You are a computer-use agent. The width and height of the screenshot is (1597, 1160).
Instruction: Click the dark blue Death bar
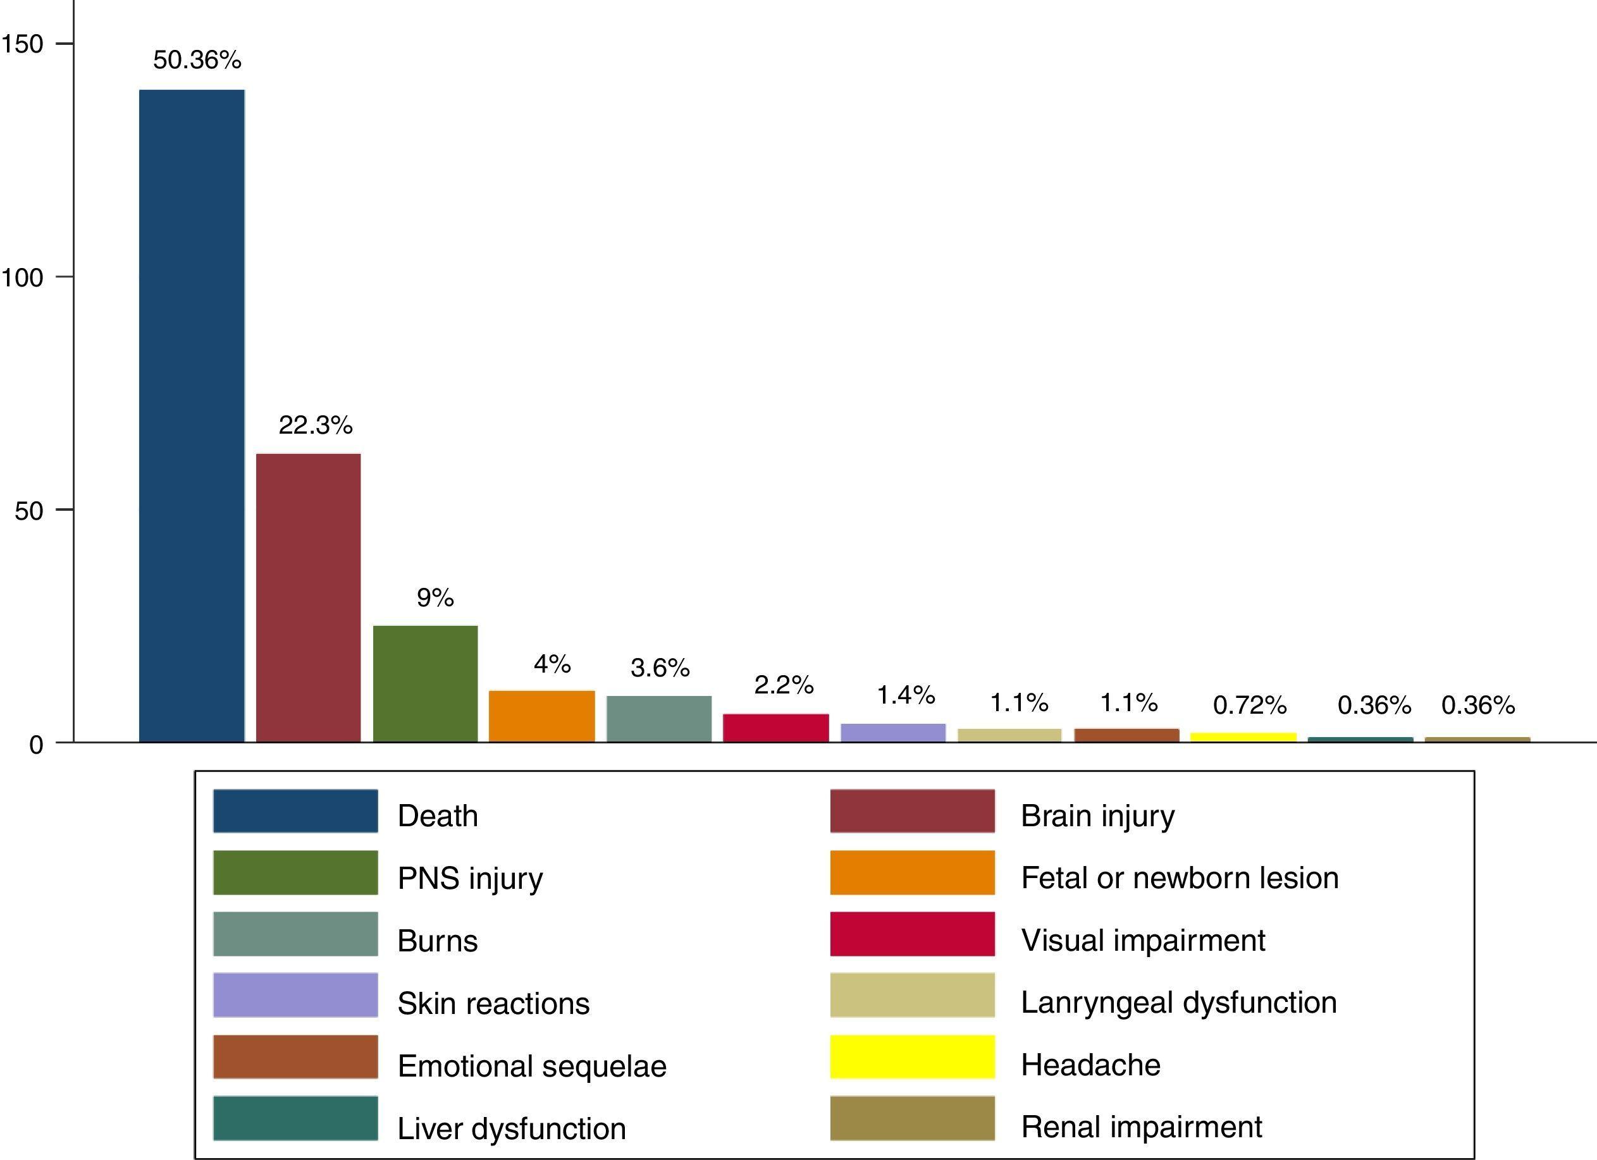coord(192,415)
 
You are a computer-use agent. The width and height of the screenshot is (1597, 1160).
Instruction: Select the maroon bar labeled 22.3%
coord(309,597)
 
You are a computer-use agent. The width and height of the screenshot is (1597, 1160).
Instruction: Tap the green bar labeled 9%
coord(425,683)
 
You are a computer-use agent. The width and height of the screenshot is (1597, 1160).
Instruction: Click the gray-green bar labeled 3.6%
coord(659,719)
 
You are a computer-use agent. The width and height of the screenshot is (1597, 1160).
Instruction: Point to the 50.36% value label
coord(197,60)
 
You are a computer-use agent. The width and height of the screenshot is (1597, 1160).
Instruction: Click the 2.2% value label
coord(784,685)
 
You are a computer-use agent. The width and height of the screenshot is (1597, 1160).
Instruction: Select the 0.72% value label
coord(1250,705)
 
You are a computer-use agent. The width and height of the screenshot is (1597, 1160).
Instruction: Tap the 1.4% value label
coord(906,695)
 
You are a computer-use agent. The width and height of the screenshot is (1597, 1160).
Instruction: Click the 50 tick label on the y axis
coord(29,511)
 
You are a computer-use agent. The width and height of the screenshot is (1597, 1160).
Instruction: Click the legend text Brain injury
coord(1098,816)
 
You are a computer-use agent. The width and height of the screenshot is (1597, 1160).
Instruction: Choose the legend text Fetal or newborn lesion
coord(1180,877)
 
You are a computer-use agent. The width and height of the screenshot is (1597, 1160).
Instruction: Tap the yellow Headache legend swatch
coord(912,1056)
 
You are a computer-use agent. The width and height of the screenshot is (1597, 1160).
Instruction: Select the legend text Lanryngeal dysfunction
coord(1179,1003)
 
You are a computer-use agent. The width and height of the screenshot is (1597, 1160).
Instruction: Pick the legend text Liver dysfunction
coord(511,1128)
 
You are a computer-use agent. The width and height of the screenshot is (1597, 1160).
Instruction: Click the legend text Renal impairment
coord(1142,1127)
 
